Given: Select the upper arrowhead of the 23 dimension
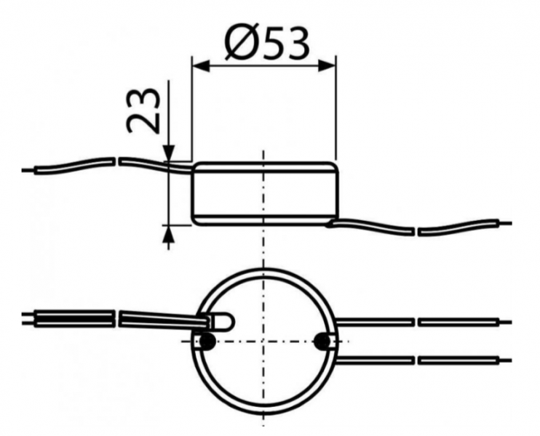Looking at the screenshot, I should tap(168, 153).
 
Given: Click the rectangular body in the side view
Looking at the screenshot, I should tap(264, 193).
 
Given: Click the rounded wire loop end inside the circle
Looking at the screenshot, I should tap(225, 320).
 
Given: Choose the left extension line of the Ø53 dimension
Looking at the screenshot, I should tap(191, 109).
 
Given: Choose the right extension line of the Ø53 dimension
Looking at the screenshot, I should tap(336, 109).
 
